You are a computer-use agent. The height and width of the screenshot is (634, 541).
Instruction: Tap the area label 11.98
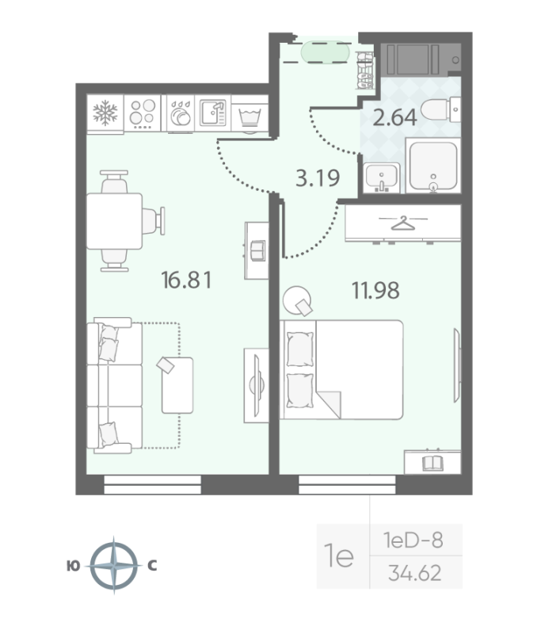coord(375,290)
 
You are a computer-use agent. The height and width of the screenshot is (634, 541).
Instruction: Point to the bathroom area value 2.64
coord(394,119)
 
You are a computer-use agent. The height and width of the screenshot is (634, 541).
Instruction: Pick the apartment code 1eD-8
coord(412,541)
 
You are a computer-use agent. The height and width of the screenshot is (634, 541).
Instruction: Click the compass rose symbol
coord(115,565)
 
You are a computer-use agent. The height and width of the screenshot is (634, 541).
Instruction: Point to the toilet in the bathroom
coord(437,110)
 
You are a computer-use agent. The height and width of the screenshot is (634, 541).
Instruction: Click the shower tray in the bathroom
coord(432,166)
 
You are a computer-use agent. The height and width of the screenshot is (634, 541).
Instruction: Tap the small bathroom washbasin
coord(382,178)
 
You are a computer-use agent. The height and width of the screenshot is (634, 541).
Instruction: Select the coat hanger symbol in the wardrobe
coord(402,223)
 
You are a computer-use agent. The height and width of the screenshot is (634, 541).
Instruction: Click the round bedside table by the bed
coord(299,299)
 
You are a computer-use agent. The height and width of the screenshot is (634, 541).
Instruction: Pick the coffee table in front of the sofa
coord(177,384)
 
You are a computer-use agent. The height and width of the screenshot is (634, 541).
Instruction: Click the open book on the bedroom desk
coord(432,461)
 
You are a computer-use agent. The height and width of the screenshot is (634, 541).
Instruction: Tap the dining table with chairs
coord(115,221)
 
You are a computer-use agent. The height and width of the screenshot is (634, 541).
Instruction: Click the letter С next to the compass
coord(152,566)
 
